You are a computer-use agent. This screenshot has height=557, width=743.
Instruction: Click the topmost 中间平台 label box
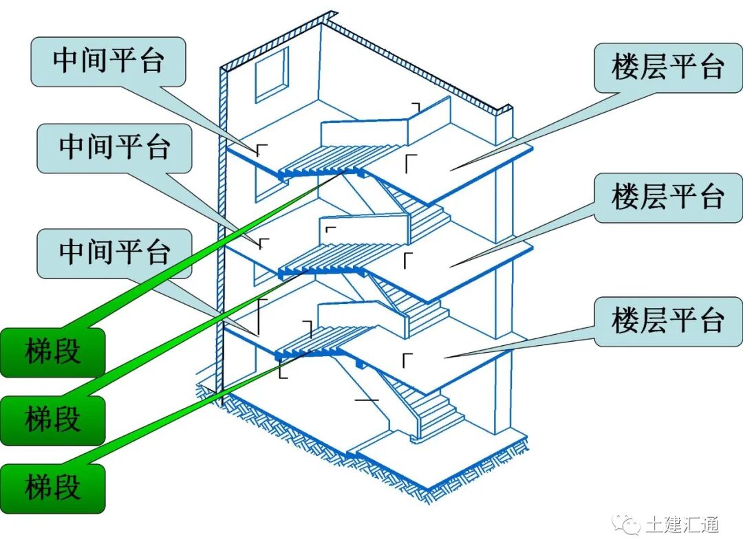pos(108,61)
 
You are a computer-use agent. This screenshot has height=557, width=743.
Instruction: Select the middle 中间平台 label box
pos(114,148)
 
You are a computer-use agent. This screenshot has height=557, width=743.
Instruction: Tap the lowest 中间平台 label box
pos(114,253)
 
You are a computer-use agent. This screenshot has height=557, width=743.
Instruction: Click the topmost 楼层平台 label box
pos(667,67)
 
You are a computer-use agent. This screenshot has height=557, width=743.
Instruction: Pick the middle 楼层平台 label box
pos(667,197)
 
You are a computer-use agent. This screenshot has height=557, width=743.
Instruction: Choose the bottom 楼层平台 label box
pos(667,320)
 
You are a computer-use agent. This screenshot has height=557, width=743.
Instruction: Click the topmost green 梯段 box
pos(53,352)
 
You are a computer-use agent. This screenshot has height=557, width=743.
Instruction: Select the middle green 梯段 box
pos(53,419)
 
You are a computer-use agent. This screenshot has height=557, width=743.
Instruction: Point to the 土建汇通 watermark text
pos(682,525)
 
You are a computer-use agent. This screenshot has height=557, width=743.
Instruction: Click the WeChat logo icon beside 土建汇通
pos(629,525)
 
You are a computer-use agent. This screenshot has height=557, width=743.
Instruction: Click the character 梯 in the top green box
pos(39,352)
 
